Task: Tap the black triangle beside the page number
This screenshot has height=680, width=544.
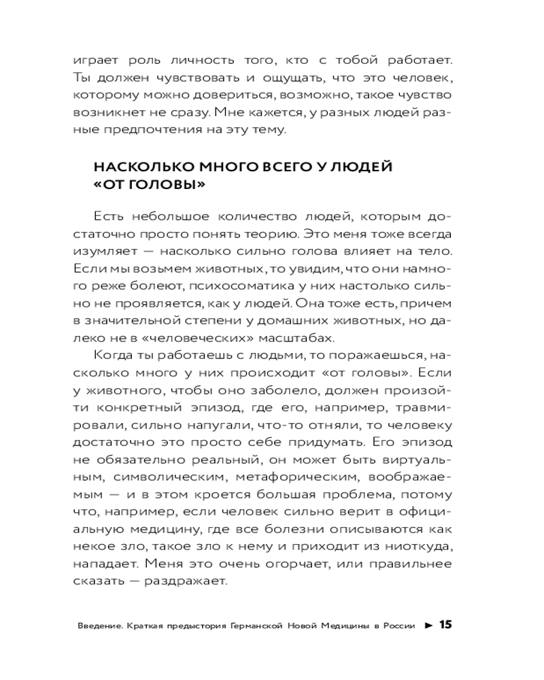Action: click(428, 626)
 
